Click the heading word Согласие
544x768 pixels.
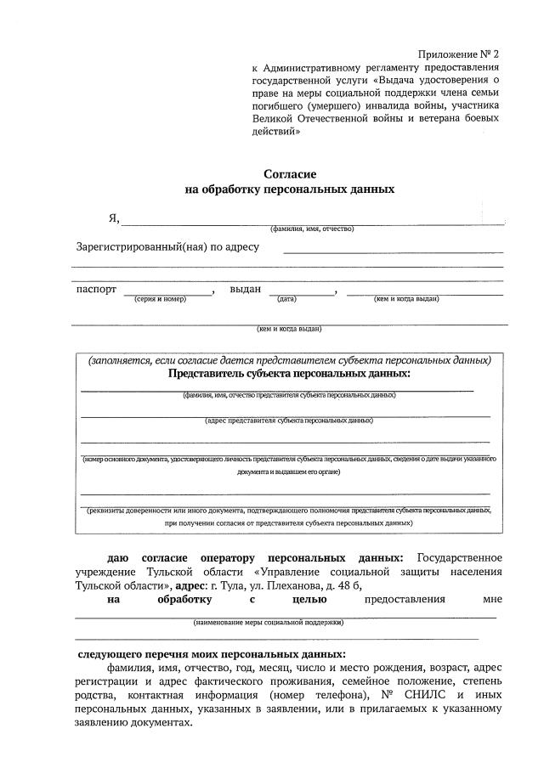(290, 173)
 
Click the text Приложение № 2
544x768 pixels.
(459, 53)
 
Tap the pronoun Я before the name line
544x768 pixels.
(112, 218)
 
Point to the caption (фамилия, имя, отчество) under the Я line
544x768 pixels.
(312, 229)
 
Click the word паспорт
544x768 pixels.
(96, 289)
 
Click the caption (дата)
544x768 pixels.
(286, 299)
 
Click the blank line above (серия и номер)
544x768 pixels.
(169, 294)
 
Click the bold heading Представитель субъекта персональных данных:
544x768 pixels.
(289, 374)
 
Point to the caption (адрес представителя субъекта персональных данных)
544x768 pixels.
(289, 421)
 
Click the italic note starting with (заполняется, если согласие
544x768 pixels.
(289, 360)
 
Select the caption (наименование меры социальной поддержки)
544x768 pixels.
(268, 623)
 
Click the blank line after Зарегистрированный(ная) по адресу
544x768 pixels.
(393, 252)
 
